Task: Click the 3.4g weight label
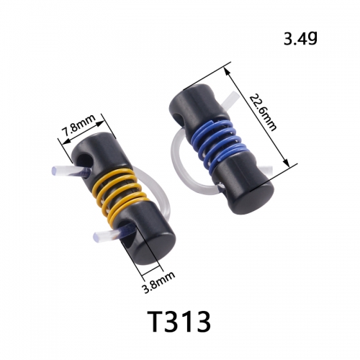pos(300,39)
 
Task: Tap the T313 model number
pos(179,321)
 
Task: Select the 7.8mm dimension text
pos(79,125)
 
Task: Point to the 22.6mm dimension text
pos(263,112)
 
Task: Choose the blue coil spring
pos(215,143)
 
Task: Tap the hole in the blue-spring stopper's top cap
pos(179,117)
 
